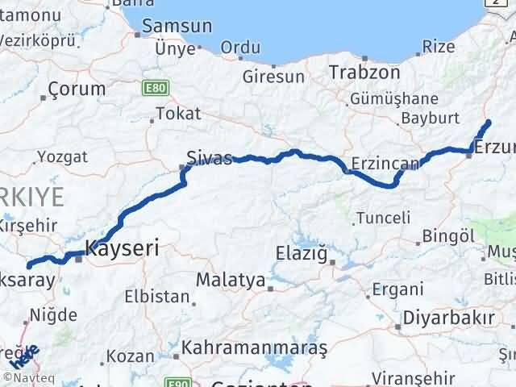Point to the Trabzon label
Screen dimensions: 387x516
pos(364,72)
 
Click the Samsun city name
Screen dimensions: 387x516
pos(171,26)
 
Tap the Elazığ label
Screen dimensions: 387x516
pos(302,254)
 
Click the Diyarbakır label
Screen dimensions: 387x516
pos(449,317)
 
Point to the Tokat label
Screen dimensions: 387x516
pos(178,114)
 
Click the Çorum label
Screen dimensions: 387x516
pos(77,89)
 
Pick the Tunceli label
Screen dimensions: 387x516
pos(383,217)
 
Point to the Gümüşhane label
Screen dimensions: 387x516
pos(394,98)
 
